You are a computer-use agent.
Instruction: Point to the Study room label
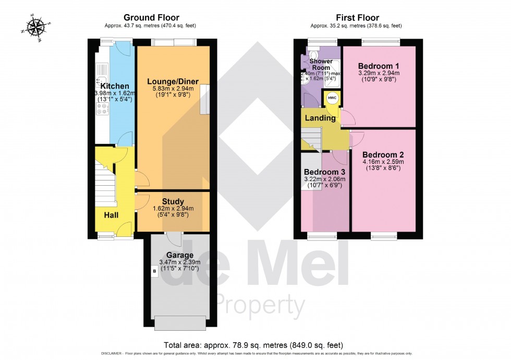(173, 201)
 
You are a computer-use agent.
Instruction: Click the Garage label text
(180, 255)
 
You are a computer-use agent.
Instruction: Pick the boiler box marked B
(154, 271)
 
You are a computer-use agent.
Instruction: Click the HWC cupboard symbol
(332, 98)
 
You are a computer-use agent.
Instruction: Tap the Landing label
(320, 118)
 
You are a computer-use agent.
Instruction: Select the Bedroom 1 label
(379, 66)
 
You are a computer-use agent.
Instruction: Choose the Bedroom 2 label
(383, 154)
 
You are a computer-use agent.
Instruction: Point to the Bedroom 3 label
(325, 172)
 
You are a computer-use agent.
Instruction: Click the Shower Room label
(321, 64)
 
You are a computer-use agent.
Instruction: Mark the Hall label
(111, 214)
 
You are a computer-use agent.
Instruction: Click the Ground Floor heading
(151, 18)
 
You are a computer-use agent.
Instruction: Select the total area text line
(253, 345)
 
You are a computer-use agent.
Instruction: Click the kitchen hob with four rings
(102, 109)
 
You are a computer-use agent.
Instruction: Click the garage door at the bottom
(180, 323)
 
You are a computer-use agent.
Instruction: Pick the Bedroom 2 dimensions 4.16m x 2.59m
(383, 162)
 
